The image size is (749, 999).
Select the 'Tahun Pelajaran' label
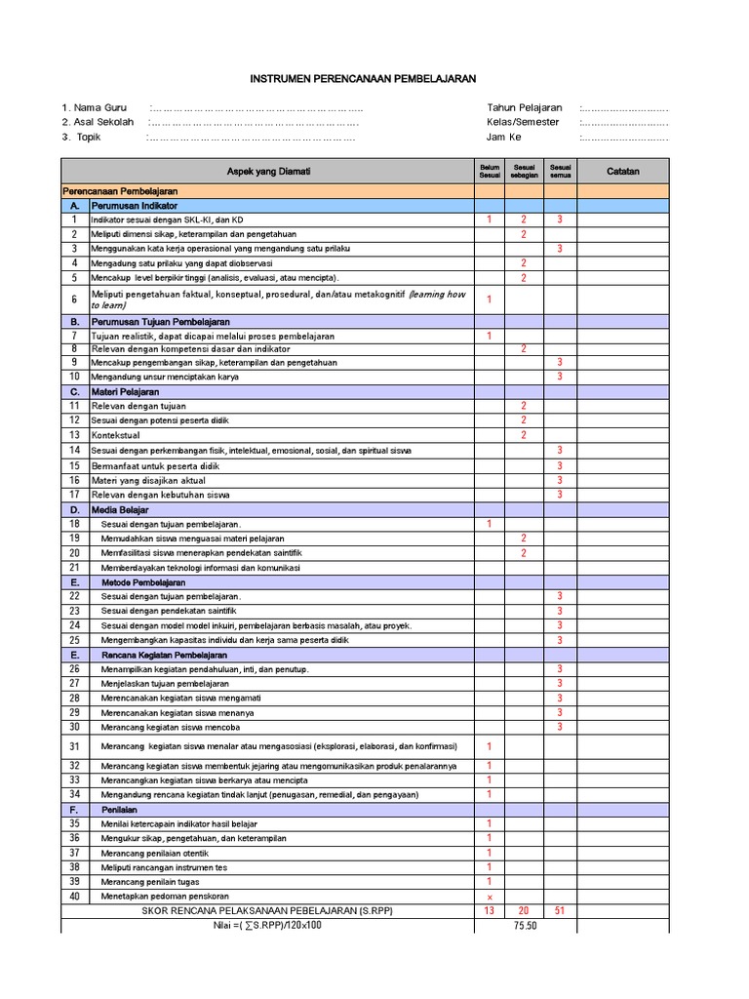point(525,107)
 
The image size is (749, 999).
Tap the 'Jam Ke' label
point(504,137)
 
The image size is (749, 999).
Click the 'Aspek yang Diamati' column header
point(268,171)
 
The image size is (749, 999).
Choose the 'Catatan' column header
point(623,171)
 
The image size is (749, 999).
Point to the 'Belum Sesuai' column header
point(490,171)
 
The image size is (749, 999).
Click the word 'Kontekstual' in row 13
point(116,435)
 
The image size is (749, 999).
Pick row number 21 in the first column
point(73,567)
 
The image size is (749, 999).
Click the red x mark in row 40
point(490,897)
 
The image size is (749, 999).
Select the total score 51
point(560,910)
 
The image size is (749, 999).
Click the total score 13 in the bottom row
point(490,910)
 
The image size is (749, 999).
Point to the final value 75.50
point(525,925)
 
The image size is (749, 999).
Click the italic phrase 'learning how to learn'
point(437,294)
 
